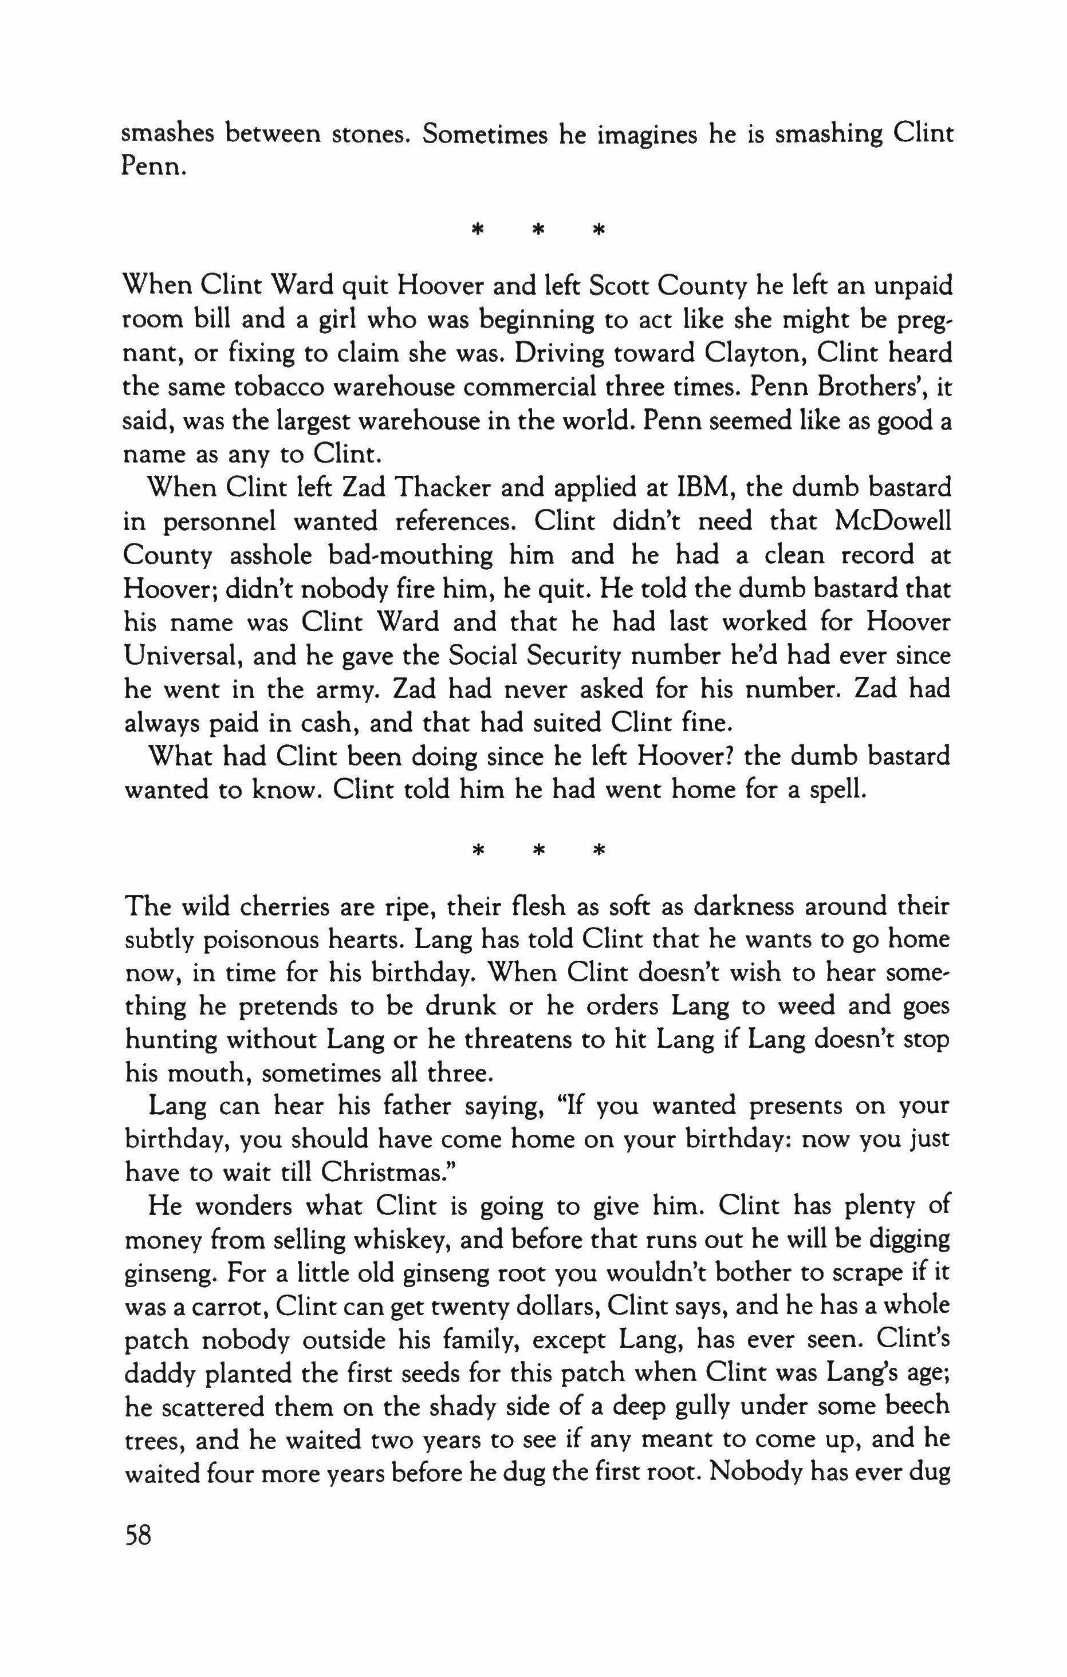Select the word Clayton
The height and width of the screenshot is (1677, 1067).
(754, 353)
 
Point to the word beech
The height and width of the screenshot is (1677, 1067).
(919, 1407)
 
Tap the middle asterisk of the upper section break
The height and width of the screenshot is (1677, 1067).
(538, 228)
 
